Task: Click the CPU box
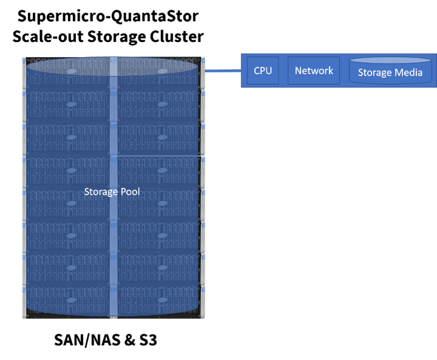263,71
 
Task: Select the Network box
314,71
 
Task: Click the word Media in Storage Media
408,74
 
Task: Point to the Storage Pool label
112,192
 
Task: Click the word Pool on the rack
129,192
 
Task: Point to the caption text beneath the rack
105,339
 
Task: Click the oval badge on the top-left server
71,71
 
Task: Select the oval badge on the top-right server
161,71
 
